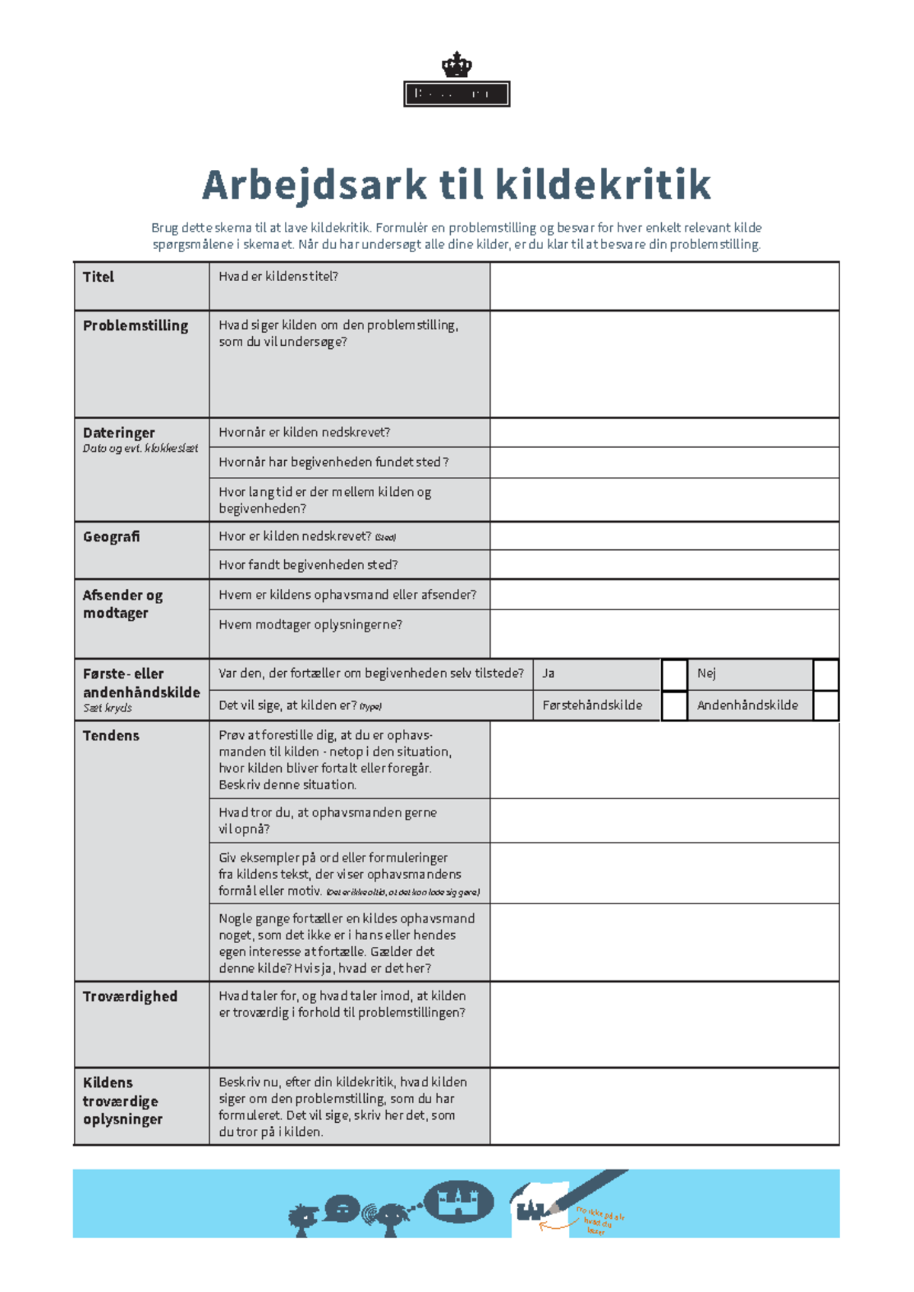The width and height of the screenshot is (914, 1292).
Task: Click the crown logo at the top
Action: [456, 65]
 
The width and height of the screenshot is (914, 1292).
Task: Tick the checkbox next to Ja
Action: [674, 674]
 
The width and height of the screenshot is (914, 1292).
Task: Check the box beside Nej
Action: [826, 674]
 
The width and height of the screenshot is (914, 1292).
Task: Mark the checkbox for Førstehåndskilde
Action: [674, 705]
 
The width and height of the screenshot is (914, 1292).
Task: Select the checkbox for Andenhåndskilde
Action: [826, 705]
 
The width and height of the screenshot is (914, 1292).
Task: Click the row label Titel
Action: [98, 277]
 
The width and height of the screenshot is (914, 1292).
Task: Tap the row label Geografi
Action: [111, 537]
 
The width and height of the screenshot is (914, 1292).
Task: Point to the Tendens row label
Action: [111, 736]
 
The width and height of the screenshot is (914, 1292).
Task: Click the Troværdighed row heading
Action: [130, 996]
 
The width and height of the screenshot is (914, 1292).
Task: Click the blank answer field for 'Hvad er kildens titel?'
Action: [664, 286]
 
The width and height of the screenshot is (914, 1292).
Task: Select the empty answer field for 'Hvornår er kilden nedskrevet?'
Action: [664, 433]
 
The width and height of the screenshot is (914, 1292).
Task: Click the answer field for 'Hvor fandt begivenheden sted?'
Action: [664, 565]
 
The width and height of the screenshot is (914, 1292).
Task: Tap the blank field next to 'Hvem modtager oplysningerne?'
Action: [664, 634]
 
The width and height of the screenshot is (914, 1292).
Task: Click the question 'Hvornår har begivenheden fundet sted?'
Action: [334, 462]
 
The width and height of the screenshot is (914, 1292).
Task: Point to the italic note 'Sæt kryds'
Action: [107, 708]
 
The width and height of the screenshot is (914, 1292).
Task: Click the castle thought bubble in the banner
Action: [459, 1201]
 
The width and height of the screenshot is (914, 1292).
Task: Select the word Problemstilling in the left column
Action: [136, 326]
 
